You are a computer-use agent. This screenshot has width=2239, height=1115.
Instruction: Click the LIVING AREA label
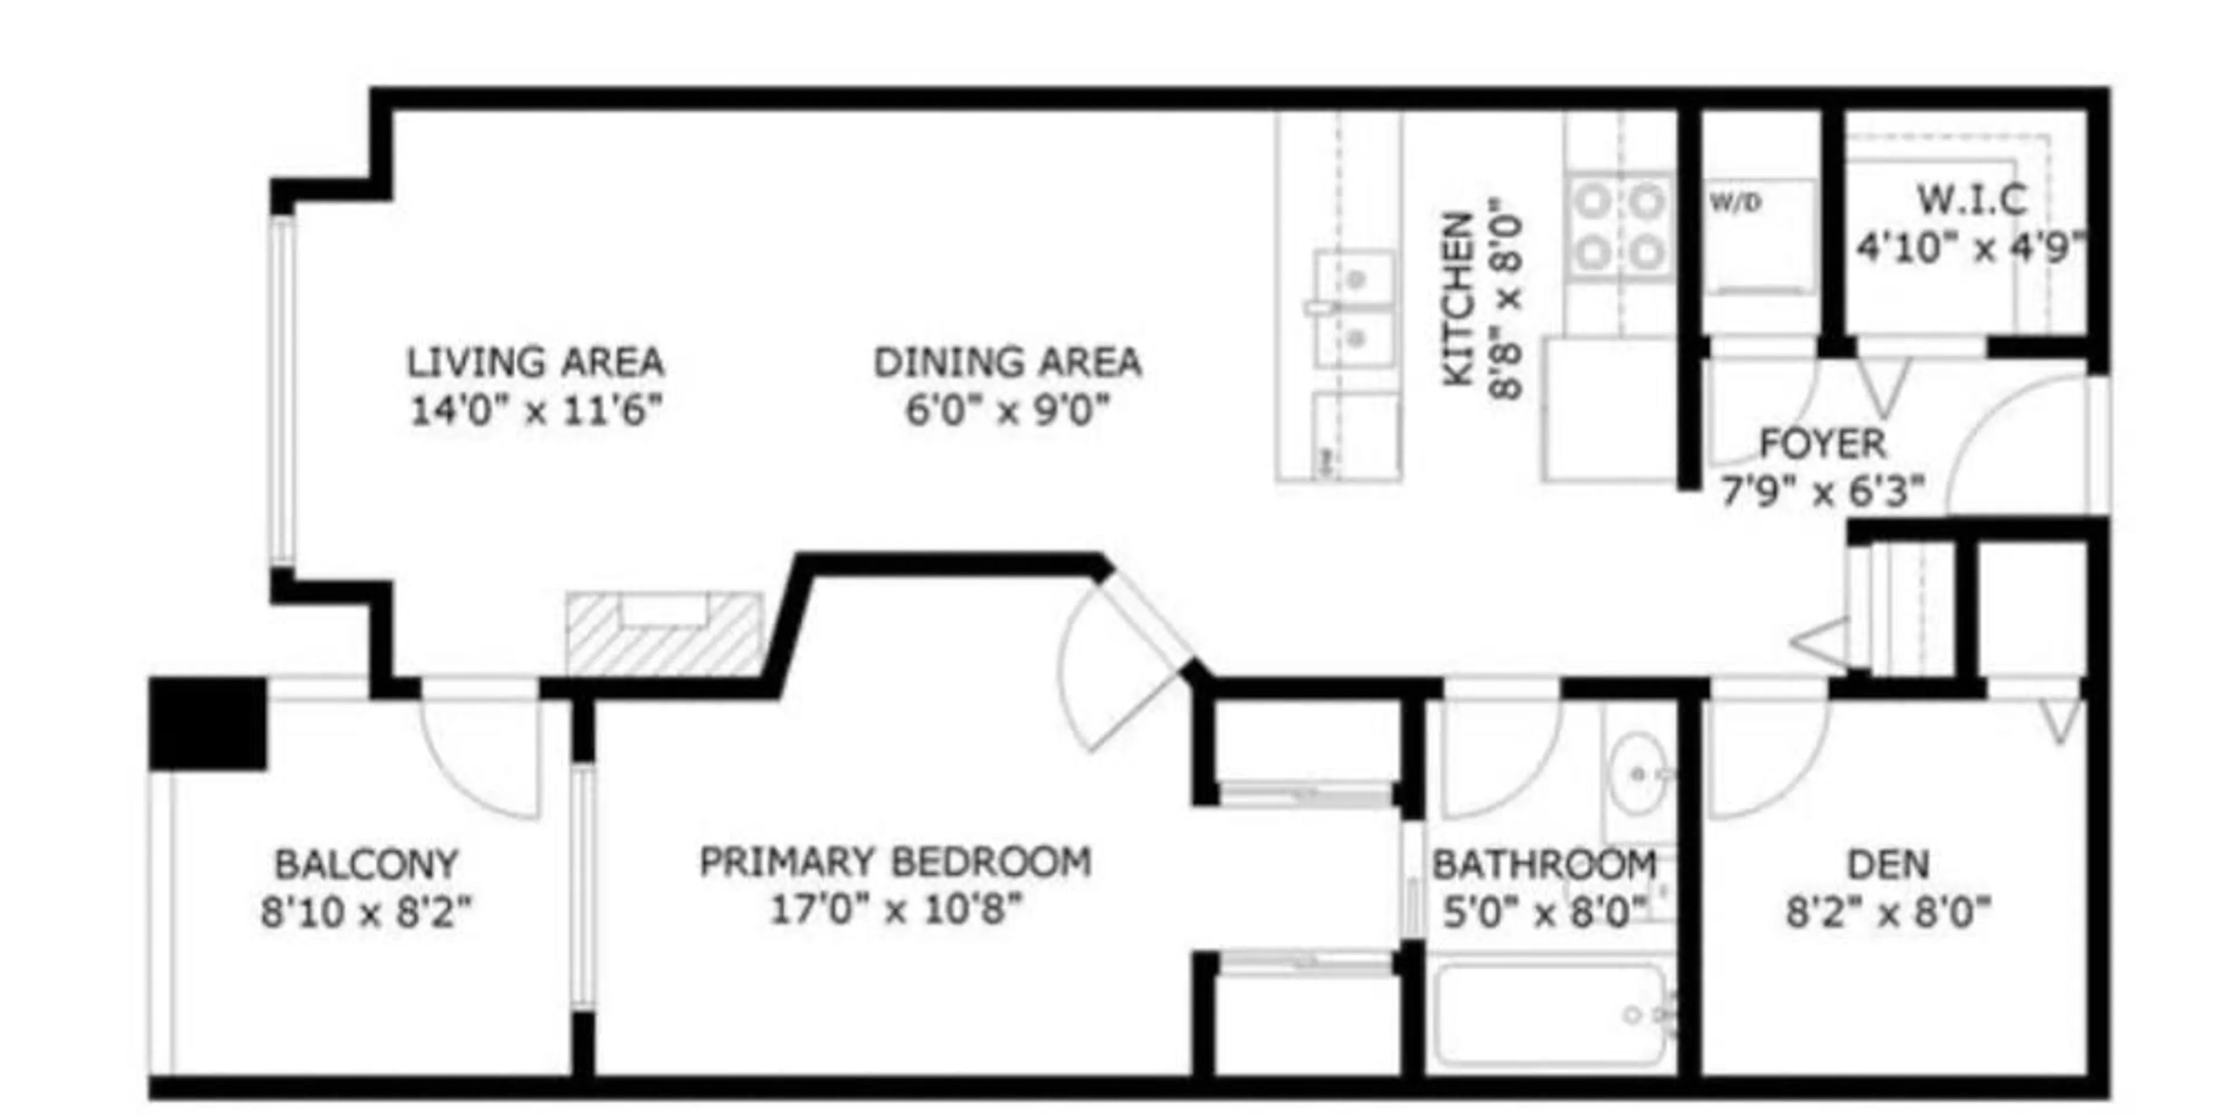pos(535,362)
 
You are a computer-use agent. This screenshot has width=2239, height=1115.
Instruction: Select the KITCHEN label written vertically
pos(1458,299)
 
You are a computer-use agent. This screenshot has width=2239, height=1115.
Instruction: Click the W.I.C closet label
pos(1971,201)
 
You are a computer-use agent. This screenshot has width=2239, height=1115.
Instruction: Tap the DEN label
pos(1888,865)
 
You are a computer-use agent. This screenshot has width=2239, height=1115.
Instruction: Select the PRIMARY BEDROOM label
pos(895,862)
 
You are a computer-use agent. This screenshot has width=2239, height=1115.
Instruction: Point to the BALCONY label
pos(366,865)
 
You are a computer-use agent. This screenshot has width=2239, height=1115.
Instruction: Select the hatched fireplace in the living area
pos(665,635)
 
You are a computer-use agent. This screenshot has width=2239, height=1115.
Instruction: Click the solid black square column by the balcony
pos(209,723)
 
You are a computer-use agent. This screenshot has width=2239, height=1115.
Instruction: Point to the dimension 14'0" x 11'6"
pos(535,410)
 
